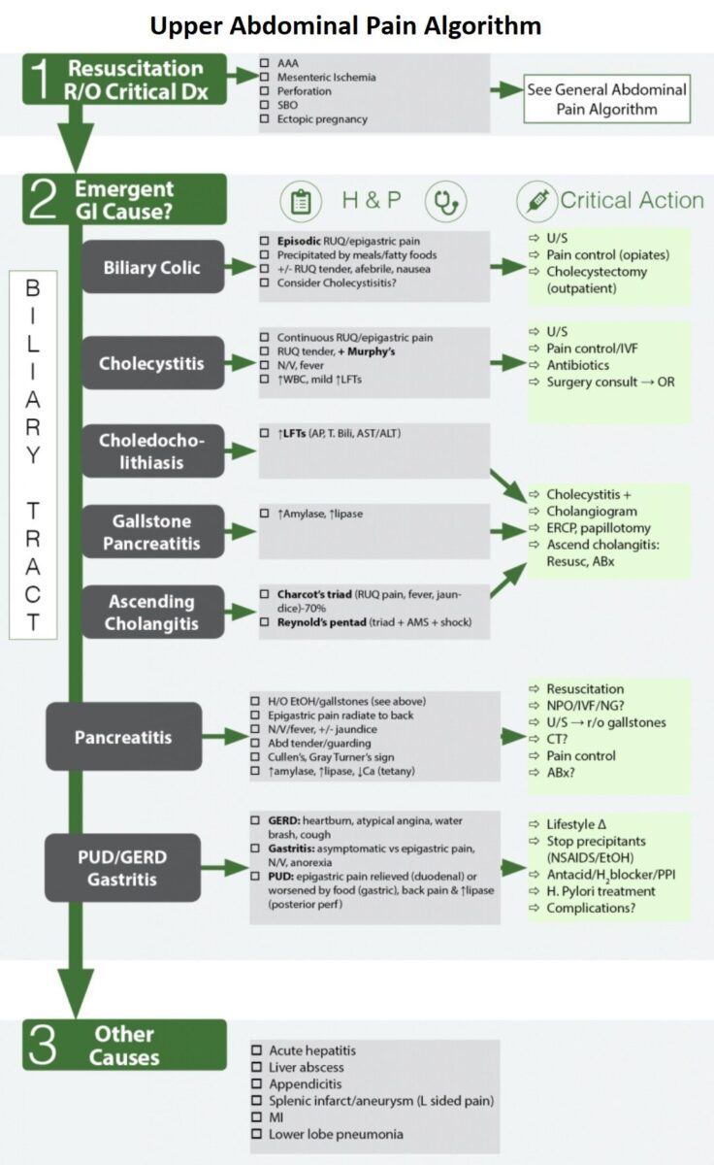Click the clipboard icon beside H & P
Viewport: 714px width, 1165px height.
click(x=301, y=202)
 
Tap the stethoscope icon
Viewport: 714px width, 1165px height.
click(x=447, y=202)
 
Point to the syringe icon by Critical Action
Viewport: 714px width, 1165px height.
click(x=535, y=201)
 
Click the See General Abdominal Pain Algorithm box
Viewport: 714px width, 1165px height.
click(x=606, y=99)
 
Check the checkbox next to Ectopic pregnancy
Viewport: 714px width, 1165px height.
click(x=265, y=119)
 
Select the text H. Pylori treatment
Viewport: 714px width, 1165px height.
click(x=600, y=891)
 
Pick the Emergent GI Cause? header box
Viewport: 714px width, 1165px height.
click(x=125, y=200)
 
